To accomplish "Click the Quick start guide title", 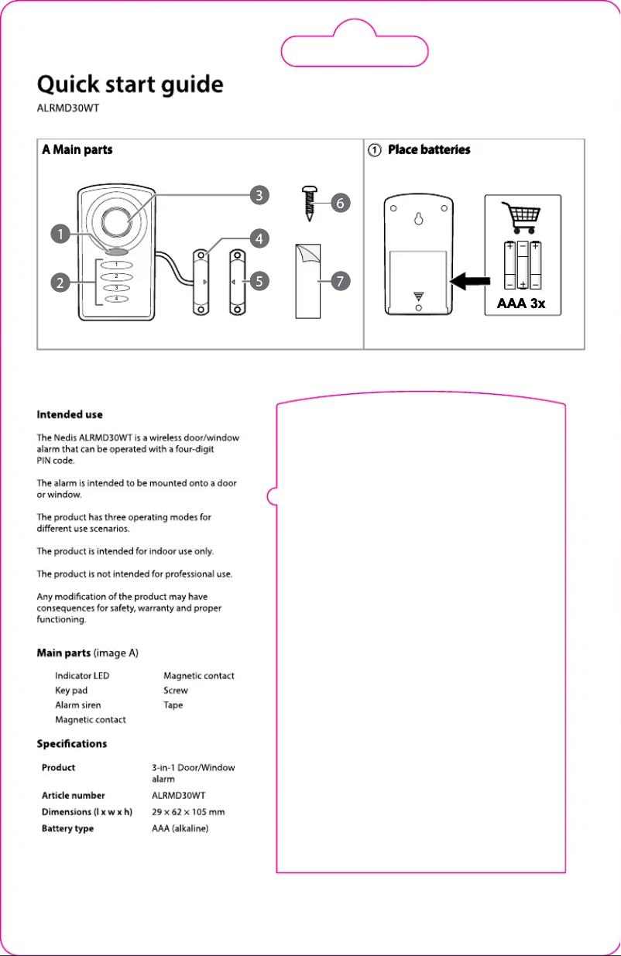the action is (131, 84).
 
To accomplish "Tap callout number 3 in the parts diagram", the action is (258, 194).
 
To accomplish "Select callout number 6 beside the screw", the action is (338, 203).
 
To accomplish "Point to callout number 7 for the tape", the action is (338, 282).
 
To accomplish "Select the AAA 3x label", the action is (520, 303).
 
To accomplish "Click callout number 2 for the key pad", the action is (58, 283).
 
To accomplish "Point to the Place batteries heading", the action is (429, 150).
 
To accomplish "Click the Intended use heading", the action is (70, 415).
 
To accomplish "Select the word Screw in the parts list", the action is (176, 690).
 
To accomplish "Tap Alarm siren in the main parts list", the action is (77, 704).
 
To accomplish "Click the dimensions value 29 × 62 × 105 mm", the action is (188, 812).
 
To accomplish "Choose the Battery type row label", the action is (67, 828).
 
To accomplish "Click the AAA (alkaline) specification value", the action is (180, 828).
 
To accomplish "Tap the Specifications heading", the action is (72, 744).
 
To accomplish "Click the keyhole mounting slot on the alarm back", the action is (419, 218).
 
